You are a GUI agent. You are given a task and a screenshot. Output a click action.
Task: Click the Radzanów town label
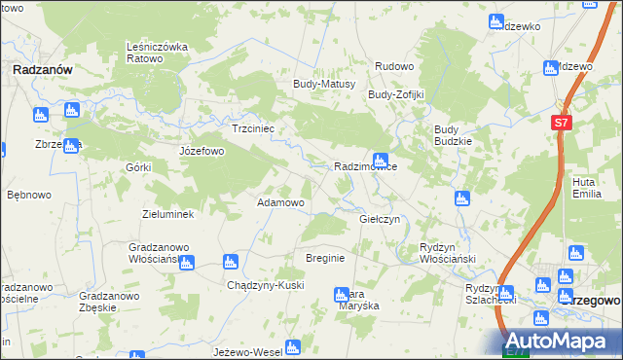pos(38,69)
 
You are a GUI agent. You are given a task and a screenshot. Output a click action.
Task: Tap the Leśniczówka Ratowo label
pos(157,52)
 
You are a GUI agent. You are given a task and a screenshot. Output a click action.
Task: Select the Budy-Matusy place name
pos(324,85)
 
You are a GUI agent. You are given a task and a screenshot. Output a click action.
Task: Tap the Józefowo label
pos(202,152)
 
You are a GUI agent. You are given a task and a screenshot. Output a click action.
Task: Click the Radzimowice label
pos(365,167)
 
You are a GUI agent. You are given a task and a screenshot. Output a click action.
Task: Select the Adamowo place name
pos(280,202)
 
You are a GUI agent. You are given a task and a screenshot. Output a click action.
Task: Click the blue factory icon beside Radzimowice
pos(381,160)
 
